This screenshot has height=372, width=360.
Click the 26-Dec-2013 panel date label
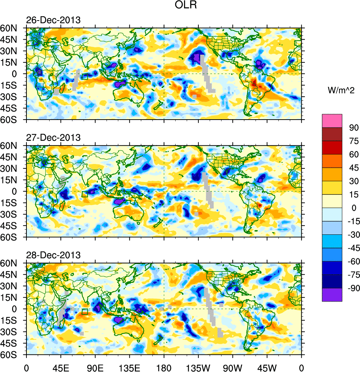click(x=53, y=20)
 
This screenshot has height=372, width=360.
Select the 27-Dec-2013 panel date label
click(x=53, y=138)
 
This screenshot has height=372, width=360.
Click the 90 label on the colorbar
click(x=354, y=127)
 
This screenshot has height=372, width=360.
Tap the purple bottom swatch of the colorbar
click(x=332, y=295)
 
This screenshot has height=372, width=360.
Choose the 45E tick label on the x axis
click(x=61, y=366)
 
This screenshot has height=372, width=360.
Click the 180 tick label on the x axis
click(x=164, y=366)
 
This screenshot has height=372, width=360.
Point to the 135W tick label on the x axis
click(x=198, y=366)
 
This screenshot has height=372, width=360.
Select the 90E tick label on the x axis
click(x=95, y=366)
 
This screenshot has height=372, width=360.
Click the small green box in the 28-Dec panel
click(x=85, y=312)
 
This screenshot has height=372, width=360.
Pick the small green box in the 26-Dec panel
click(x=84, y=77)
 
